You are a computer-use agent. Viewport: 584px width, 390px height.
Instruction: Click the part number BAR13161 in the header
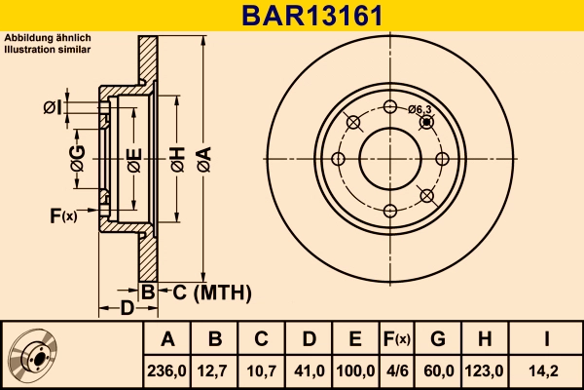point(291,16)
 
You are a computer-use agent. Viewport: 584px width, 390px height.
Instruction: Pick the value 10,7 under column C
point(261,370)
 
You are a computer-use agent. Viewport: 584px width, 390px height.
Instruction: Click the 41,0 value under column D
point(308,370)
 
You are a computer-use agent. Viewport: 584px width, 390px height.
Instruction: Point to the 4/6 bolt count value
point(396,370)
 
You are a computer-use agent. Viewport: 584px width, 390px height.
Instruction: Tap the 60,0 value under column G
point(437,370)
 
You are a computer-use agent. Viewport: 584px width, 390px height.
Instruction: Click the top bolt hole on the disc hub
point(390,107)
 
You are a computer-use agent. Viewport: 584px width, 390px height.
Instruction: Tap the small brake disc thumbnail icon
point(33,356)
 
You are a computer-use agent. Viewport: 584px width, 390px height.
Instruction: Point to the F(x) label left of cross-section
point(61,215)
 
